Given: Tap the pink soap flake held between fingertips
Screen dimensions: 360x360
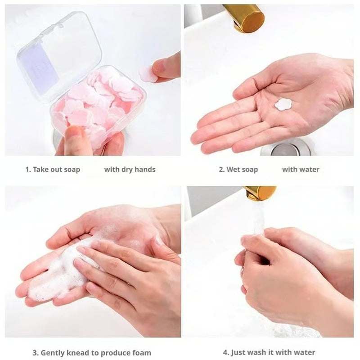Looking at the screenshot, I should [x=148, y=74].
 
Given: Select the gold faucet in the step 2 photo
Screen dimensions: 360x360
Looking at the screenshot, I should [x=243, y=18].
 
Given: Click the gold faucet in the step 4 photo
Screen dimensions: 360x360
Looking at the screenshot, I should [x=261, y=193].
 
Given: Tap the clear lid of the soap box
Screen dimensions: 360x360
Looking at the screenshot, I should [x=58, y=54].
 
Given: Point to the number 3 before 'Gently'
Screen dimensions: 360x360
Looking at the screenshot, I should [x=34, y=352].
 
